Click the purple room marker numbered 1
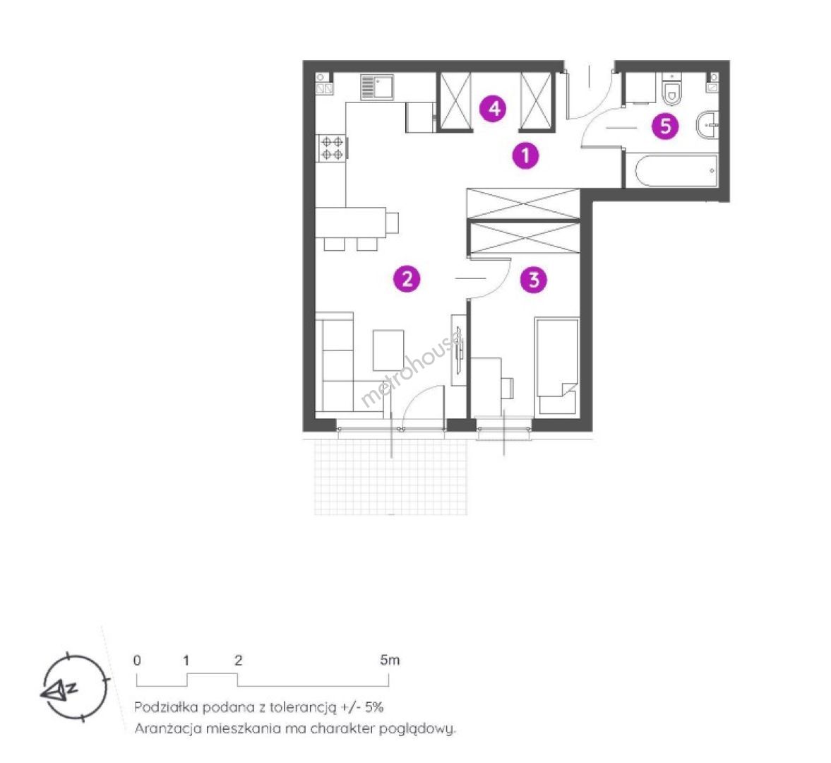pyautogui.click(x=525, y=156)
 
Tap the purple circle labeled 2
pyautogui.click(x=407, y=278)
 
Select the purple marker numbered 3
pyautogui.click(x=534, y=280)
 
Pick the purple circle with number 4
pyautogui.click(x=494, y=109)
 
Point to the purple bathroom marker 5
pyautogui.click(x=665, y=126)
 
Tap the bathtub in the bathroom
pyautogui.click(x=671, y=171)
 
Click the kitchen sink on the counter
pyautogui.click(x=377, y=87)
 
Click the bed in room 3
pyautogui.click(x=556, y=365)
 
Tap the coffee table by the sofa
pyautogui.click(x=388, y=350)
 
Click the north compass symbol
pyautogui.click(x=75, y=688)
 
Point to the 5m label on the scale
pyautogui.click(x=390, y=660)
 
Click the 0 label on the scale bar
pyautogui.click(x=137, y=661)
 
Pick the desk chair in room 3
pyautogui.click(x=507, y=388)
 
